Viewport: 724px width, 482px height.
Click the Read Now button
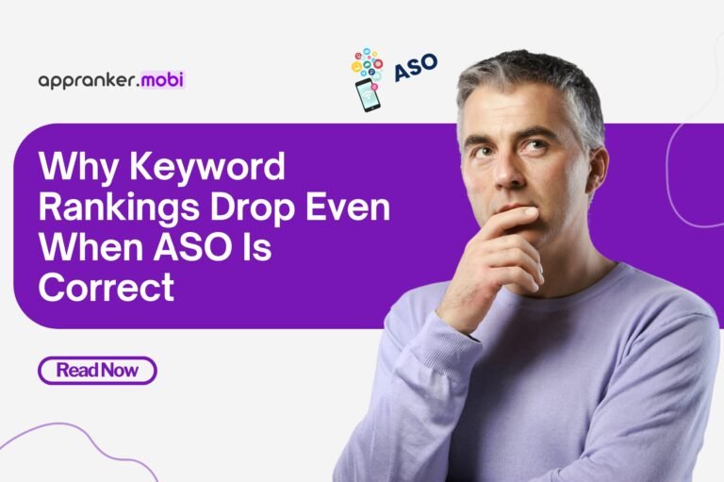(x=97, y=371)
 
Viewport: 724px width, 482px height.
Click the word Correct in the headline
(x=107, y=285)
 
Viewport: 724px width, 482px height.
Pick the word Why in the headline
(x=72, y=169)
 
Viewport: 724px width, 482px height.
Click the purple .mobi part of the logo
(x=162, y=80)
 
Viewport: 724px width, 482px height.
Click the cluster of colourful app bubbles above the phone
(x=369, y=62)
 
